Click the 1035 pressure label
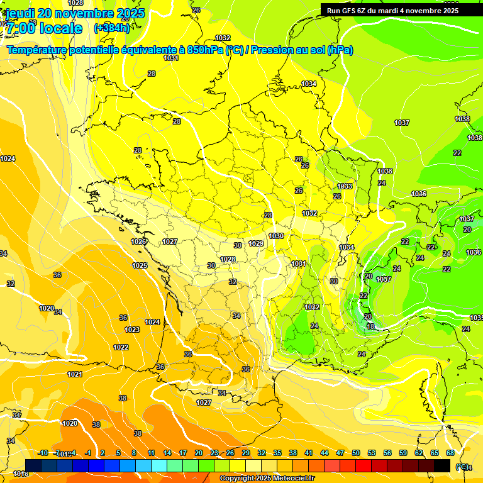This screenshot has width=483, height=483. (x=385, y=171)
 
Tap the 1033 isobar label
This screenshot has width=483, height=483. (x=345, y=186)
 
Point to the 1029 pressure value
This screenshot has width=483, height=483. (x=256, y=243)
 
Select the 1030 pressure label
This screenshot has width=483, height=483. (x=276, y=236)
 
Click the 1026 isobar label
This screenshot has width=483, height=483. (x=138, y=241)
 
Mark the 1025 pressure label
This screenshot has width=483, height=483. (x=140, y=265)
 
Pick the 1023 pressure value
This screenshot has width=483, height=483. (x=132, y=330)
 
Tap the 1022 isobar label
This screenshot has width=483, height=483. (x=121, y=347)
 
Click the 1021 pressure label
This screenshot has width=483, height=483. (x=75, y=374)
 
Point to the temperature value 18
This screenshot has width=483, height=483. (x=370, y=326)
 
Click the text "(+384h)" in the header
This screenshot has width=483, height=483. (x=111, y=28)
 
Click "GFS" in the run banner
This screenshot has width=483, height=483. (x=350, y=10)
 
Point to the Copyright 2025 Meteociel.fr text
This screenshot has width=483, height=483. (x=267, y=479)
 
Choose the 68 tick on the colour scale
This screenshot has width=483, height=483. (x=450, y=453)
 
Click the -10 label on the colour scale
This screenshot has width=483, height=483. (x=43, y=453)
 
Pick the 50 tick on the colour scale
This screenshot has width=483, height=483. (x=356, y=453)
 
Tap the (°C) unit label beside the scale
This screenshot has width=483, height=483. (x=463, y=467)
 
